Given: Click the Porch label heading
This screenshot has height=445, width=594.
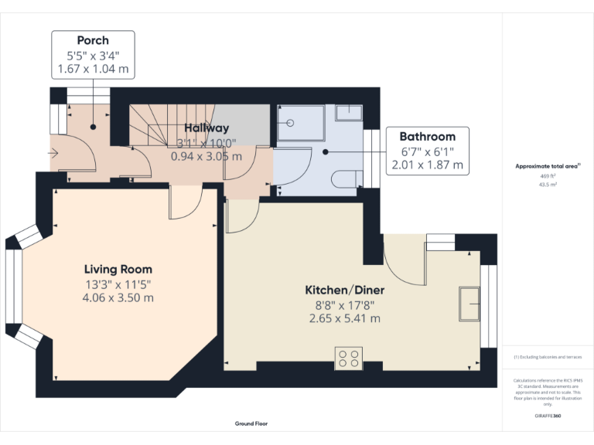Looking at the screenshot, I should [x=93, y=40].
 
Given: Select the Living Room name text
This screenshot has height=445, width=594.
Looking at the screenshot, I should [x=118, y=269].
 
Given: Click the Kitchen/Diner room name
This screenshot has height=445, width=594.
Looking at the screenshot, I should [x=344, y=290].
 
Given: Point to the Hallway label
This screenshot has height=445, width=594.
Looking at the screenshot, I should [x=206, y=128].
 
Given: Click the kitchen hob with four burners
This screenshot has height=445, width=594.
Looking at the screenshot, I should [x=349, y=358].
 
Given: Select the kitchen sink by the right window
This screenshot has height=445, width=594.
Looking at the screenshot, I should [x=469, y=304].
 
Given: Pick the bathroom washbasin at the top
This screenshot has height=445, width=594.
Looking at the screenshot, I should [x=349, y=114].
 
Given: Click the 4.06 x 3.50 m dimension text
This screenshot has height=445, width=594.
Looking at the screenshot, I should [x=118, y=297].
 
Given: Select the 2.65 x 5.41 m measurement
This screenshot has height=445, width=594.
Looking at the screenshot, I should [x=344, y=318].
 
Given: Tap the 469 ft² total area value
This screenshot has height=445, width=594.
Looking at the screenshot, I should [x=548, y=176].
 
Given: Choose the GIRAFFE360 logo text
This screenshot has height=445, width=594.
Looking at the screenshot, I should [x=548, y=417].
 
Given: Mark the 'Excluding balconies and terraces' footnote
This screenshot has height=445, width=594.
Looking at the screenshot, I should [x=548, y=357].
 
